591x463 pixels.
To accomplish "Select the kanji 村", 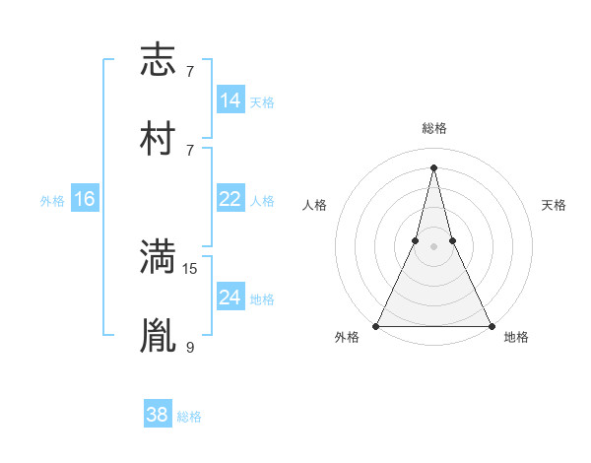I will (158, 139).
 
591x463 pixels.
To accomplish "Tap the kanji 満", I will (158, 257).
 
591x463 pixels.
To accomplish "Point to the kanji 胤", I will (158, 335).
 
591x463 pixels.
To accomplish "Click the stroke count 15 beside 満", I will (190, 268).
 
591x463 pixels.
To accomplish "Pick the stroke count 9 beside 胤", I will (190, 346).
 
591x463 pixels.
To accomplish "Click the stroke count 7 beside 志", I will (190, 72).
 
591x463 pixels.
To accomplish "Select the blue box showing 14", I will (230, 100).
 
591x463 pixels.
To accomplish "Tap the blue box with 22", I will (230, 199).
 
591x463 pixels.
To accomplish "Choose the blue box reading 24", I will (230, 297).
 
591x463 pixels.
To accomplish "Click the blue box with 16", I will (85, 199).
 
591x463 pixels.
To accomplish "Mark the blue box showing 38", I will (157, 415).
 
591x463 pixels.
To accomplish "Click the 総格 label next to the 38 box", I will (189, 417).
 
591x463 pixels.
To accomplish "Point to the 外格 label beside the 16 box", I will (52, 201).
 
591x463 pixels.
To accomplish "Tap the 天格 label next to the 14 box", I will (262, 102).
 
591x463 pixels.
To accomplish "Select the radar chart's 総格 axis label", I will (434, 128).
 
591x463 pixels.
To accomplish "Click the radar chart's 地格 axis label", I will (516, 338).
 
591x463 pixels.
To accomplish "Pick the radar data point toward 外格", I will (377, 325).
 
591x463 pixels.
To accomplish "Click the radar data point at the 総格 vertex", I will (434, 165).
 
